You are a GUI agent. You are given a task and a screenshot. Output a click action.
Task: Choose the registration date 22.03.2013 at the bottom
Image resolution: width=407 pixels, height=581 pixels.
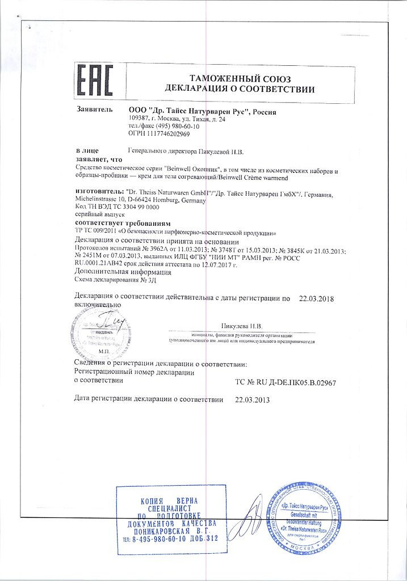tap(253, 399)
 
